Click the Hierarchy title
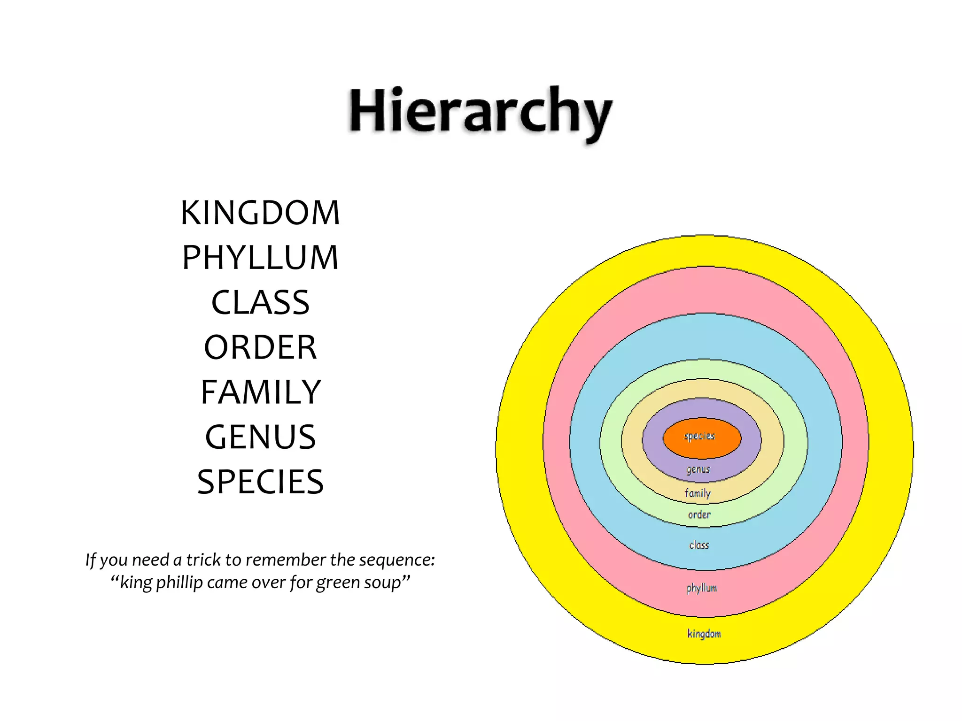click(x=480, y=113)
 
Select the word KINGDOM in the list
click(x=260, y=213)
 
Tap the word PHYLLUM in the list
click(x=260, y=258)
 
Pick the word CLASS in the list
click(x=260, y=302)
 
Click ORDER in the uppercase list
click(x=260, y=347)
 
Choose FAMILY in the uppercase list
click(x=260, y=392)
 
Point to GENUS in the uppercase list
click(x=260, y=437)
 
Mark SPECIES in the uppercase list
click(x=260, y=482)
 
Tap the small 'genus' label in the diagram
click(x=698, y=469)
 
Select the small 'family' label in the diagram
click(x=698, y=493)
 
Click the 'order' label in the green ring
click(x=699, y=514)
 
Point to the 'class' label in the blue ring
click(x=699, y=545)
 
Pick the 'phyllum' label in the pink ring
click(x=702, y=588)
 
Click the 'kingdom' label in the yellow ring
click(x=704, y=634)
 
